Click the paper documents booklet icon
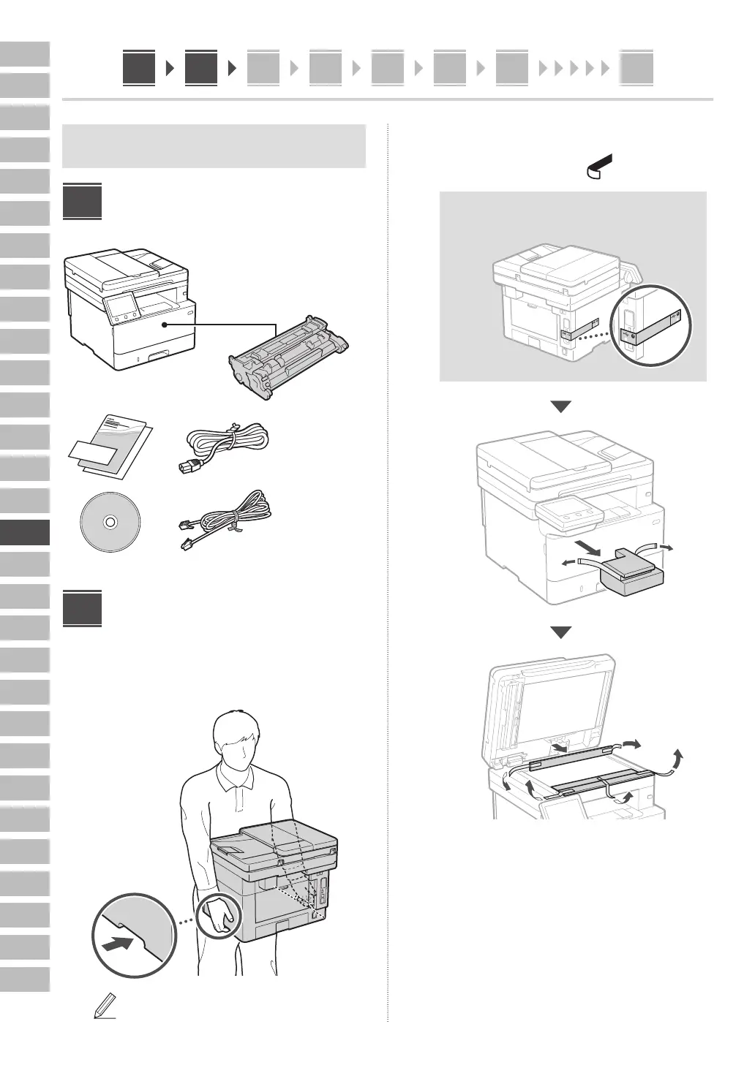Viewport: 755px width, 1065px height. (x=110, y=446)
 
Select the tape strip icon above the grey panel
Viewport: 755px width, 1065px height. (x=598, y=167)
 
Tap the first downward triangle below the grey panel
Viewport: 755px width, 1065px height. (x=560, y=406)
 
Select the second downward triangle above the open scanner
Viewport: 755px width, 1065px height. (x=560, y=632)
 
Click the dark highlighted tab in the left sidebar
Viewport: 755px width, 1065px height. (x=25, y=532)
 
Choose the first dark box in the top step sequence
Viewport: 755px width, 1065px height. (x=139, y=68)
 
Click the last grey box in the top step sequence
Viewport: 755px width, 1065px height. (x=636, y=69)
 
